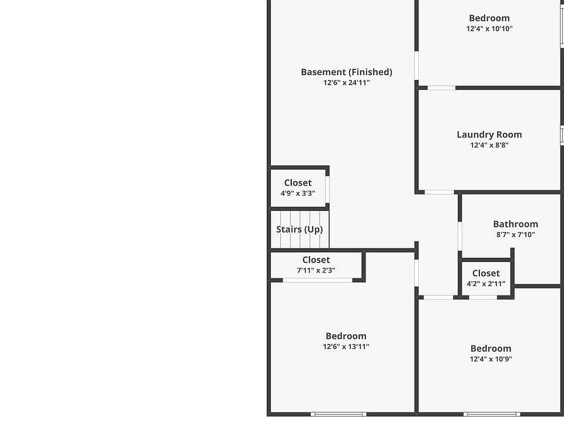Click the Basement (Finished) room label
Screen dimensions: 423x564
click(x=346, y=72)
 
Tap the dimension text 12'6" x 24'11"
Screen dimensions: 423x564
click(x=346, y=83)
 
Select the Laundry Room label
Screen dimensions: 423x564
click(x=489, y=135)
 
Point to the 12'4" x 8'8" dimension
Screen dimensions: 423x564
click(x=489, y=145)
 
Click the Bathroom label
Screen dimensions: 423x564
click(x=515, y=224)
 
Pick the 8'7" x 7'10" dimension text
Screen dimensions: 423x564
click(x=515, y=235)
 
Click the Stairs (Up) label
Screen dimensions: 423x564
click(x=299, y=229)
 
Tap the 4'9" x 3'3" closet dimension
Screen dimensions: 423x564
click(x=297, y=193)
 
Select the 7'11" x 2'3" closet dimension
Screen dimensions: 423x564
click(x=315, y=270)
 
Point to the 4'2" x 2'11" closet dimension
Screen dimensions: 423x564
click(x=485, y=284)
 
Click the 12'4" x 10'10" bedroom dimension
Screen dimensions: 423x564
click(x=489, y=29)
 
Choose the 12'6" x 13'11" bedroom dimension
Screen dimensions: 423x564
click(x=346, y=347)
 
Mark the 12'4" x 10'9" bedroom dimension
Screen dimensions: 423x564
click(x=491, y=359)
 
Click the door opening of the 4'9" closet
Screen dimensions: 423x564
click(x=327, y=189)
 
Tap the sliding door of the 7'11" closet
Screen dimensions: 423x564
click(x=317, y=280)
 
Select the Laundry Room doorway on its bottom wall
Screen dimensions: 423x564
click(x=439, y=192)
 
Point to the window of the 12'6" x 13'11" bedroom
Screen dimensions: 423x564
click(x=338, y=414)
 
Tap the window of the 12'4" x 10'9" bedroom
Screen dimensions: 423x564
click(x=491, y=414)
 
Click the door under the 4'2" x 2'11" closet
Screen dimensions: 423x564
click(x=483, y=297)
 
